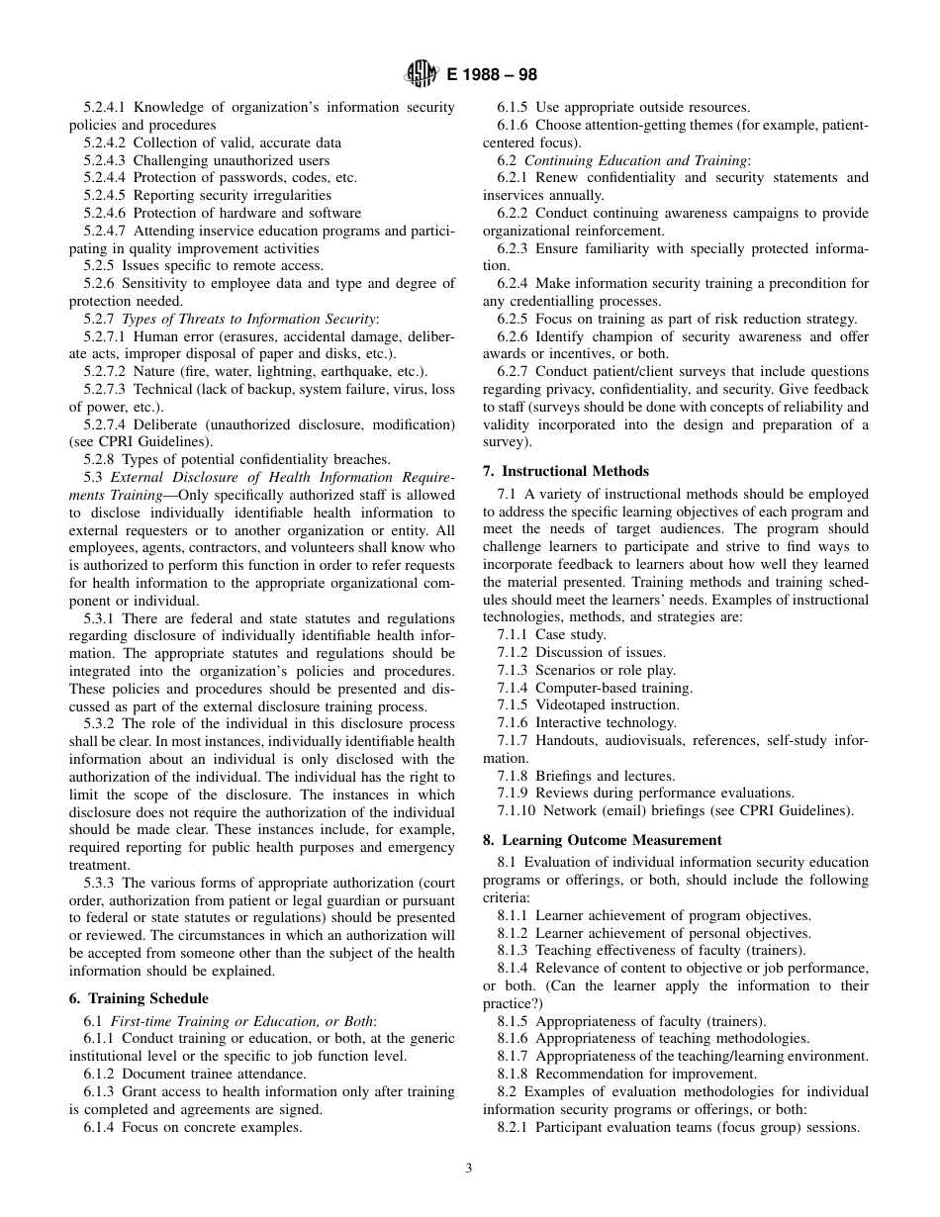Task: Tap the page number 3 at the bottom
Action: (x=469, y=1168)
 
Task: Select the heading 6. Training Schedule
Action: (x=139, y=998)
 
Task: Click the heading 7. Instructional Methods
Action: (x=566, y=471)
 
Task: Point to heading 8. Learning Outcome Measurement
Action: (x=603, y=839)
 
